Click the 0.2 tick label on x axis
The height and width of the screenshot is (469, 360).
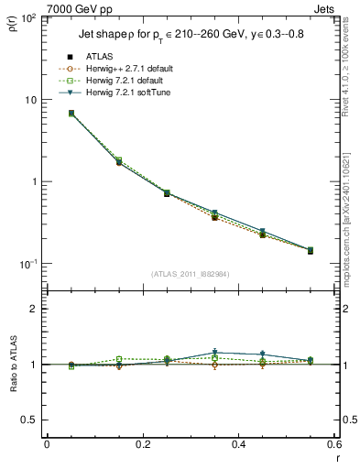pos(142,444)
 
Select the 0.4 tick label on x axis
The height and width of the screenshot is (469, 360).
pos(238,444)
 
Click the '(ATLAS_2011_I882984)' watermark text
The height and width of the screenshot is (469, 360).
pos(190,273)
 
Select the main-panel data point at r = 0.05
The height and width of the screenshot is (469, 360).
pos(71,114)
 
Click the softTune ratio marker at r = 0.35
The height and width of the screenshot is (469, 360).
pos(214,353)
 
